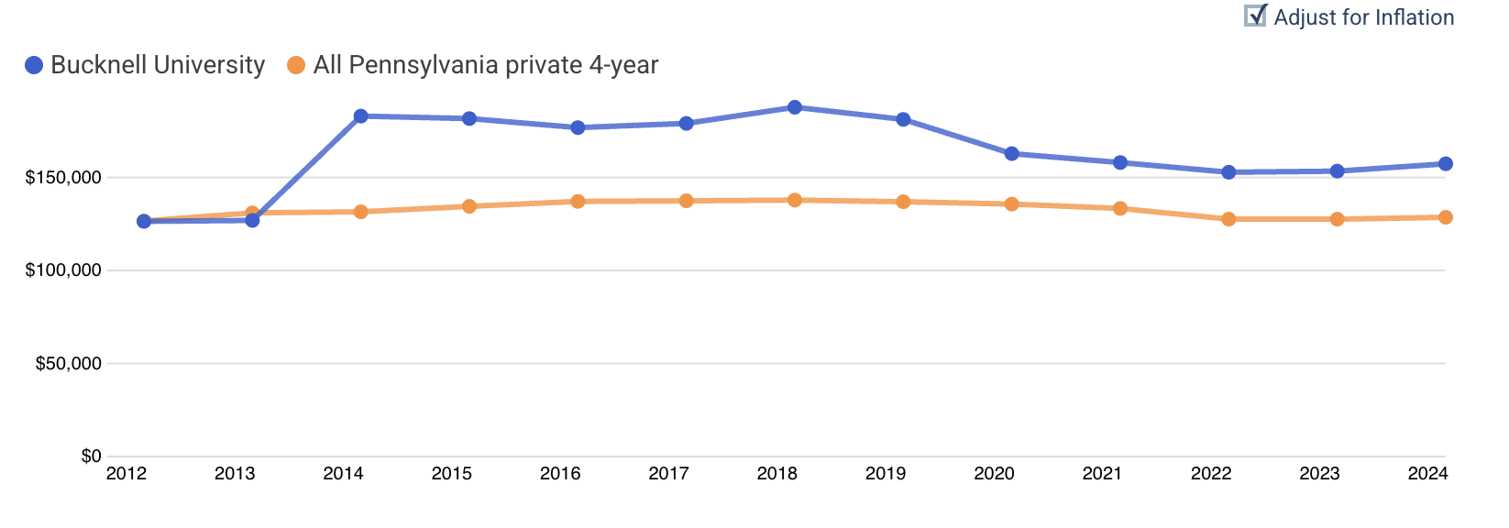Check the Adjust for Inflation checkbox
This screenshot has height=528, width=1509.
[x=1254, y=16]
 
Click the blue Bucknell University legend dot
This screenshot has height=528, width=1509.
[x=34, y=65]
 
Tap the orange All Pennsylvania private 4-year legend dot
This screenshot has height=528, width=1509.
[x=296, y=65]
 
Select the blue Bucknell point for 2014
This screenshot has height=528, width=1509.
[x=360, y=116]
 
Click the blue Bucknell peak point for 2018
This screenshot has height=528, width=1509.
[x=795, y=107]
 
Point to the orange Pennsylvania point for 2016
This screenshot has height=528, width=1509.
[x=578, y=201]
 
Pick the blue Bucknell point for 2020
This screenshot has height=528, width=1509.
[x=1011, y=154]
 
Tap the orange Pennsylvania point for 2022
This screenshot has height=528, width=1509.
[x=1228, y=219]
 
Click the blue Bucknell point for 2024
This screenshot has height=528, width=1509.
[x=1445, y=164]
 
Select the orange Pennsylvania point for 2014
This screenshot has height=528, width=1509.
[x=360, y=212]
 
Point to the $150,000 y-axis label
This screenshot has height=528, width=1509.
[x=63, y=177]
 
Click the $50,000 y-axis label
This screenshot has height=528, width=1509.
[x=68, y=364]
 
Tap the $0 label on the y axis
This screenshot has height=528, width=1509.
[x=91, y=456]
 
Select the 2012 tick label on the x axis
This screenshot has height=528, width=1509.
[x=126, y=474]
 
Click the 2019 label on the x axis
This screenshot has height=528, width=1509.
[x=885, y=474]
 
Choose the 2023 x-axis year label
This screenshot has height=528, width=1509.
[x=1318, y=474]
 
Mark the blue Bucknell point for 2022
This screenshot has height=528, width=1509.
[x=1228, y=172]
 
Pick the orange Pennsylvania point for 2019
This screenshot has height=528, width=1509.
[x=903, y=202]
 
